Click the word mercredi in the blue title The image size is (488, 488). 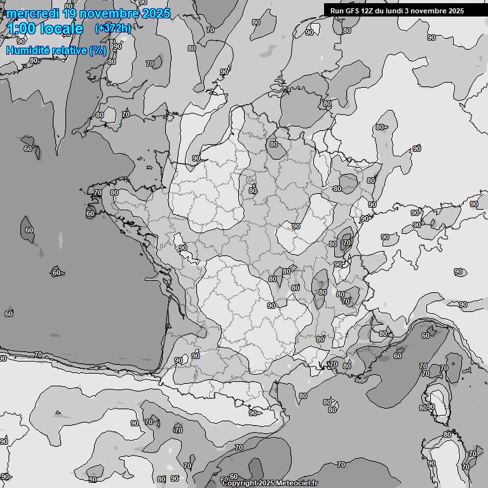[x=32, y=13]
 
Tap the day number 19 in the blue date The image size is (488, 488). [x=71, y=13]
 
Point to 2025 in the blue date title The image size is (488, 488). [x=156, y=13]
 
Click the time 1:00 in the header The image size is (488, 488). [x=21, y=29]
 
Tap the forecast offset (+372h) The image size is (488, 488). [x=113, y=28]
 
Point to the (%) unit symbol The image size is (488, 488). [x=98, y=50]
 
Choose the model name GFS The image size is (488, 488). [x=353, y=10]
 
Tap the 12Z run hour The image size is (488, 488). [x=369, y=10]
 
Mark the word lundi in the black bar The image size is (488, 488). [x=400, y=10]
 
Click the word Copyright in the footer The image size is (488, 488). [x=240, y=483]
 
